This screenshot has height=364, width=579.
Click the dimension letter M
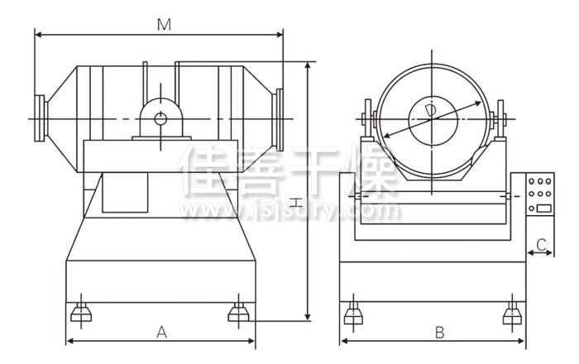click(164, 25)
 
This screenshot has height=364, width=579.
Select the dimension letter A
click(161, 333)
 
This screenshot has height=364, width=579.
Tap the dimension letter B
click(439, 333)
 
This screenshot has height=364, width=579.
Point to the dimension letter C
click(541, 244)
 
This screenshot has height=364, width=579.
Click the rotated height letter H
click(295, 203)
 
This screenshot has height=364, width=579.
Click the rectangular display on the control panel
click(544, 208)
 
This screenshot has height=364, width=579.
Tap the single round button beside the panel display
click(532, 208)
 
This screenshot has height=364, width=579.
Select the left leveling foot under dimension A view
click(81, 313)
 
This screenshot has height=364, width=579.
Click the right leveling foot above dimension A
click(238, 313)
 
